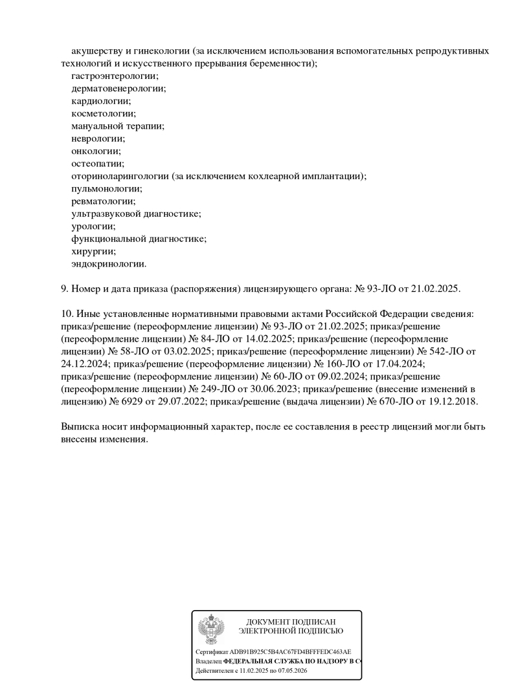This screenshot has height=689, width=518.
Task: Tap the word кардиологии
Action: tap(101, 101)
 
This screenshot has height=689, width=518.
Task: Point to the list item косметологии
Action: tap(104, 113)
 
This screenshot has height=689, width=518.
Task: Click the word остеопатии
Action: tap(97, 164)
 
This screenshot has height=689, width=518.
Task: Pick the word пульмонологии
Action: tap(106, 189)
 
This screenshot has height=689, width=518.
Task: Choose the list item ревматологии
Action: tap(103, 201)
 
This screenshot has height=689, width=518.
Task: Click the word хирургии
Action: tap(93, 252)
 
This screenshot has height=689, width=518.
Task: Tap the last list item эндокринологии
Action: tap(109, 264)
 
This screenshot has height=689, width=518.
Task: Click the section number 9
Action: tap(63, 289)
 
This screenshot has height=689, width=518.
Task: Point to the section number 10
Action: tap(66, 314)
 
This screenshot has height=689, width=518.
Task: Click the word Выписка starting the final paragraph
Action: tap(80, 426)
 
